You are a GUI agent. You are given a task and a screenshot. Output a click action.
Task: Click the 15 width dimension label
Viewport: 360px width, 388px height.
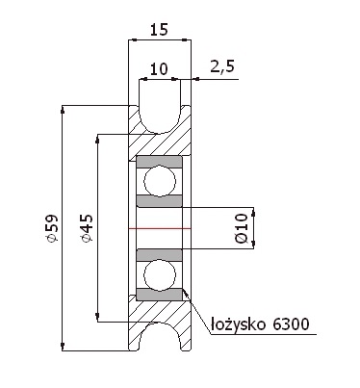tap(159, 30)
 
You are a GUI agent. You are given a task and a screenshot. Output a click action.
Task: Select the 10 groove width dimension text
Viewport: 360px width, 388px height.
tap(159, 68)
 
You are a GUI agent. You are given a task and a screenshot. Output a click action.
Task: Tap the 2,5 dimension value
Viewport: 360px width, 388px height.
tap(222, 66)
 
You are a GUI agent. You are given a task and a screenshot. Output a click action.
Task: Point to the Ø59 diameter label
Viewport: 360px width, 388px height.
tap(52, 228)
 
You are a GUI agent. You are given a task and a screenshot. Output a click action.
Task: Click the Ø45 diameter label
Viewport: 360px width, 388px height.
tap(87, 228)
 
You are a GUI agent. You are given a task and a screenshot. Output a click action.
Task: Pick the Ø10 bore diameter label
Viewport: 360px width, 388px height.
tap(242, 227)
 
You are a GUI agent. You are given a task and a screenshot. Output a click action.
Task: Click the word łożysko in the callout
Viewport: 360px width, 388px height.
tap(238, 324)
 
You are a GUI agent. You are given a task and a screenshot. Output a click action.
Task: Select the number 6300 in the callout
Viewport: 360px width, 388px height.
tap(291, 324)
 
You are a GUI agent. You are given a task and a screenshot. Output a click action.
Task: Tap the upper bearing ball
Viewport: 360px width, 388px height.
tap(160, 181)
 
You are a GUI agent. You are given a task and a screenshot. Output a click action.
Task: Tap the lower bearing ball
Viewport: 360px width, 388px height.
tap(160, 275)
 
